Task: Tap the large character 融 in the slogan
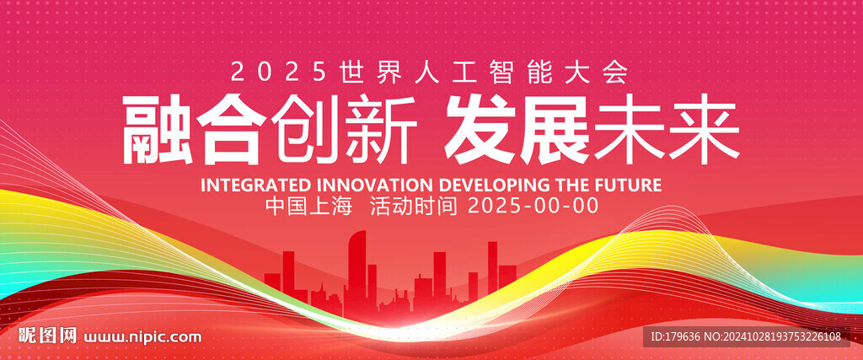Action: (x=157, y=130)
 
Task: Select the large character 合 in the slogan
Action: (x=232, y=130)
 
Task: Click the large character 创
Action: (x=306, y=130)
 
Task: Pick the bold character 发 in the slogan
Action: (x=480, y=130)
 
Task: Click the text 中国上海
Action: (x=308, y=206)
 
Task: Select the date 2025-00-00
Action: (x=533, y=206)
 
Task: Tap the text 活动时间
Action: (x=414, y=206)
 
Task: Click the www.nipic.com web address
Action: (x=142, y=336)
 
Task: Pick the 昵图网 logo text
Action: (x=47, y=336)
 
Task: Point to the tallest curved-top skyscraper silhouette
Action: (x=356, y=270)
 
